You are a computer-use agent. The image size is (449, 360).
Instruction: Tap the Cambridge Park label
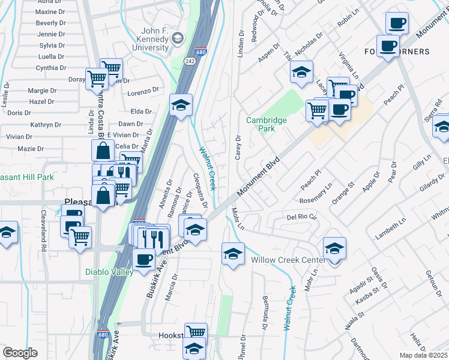[267, 124]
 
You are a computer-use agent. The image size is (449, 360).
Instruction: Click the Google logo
[20, 353]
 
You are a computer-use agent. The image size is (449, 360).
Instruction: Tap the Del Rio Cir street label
[301, 217]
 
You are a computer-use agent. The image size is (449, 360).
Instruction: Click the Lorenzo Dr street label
[143, 94]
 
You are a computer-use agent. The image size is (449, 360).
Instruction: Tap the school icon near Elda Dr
[181, 106]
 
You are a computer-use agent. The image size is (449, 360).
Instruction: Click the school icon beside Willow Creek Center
[334, 248]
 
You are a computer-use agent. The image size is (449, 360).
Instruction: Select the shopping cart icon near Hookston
[196, 332]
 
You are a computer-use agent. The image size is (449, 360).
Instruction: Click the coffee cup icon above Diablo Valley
[143, 260]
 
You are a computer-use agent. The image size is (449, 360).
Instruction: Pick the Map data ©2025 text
[423, 355]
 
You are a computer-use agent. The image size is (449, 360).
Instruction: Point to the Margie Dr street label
[42, 91]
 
